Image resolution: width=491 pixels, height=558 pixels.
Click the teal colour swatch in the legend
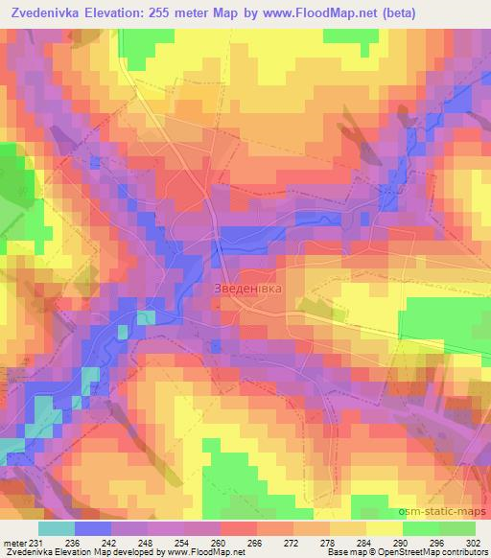[57, 528]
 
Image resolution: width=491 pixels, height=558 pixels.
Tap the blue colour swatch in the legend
[93, 528]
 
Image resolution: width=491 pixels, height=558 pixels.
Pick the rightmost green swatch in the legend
[457, 528]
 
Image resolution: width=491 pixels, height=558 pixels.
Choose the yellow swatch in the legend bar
[385, 528]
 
